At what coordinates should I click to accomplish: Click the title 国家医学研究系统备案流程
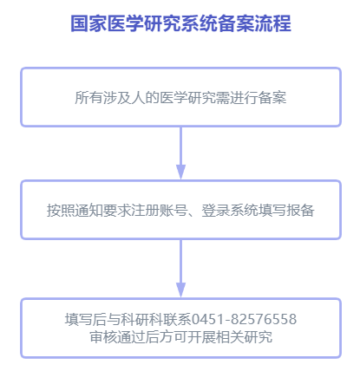(180, 23)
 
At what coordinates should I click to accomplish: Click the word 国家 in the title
(88, 23)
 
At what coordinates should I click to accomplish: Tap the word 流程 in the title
(273, 23)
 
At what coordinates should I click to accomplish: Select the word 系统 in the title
(200, 23)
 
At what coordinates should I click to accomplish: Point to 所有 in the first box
(88, 97)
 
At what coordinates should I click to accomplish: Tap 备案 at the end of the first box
(272, 97)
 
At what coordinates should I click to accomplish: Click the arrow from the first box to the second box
(180, 153)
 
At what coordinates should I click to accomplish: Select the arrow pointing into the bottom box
(180, 268)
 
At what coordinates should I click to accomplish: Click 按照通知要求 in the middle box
(88, 210)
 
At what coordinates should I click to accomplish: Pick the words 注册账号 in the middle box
(159, 210)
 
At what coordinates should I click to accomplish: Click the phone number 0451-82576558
(245, 319)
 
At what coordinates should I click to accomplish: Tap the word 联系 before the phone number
(177, 319)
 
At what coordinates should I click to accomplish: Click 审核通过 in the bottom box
(117, 337)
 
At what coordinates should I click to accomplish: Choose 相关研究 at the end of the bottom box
(245, 337)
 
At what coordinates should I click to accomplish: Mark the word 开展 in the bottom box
(202, 337)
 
